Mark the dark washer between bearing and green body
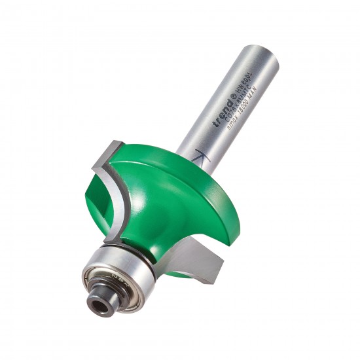pos(141,253)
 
